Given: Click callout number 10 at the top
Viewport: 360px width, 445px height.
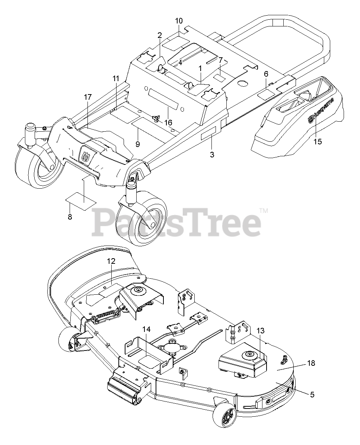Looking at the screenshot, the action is (x=179, y=20).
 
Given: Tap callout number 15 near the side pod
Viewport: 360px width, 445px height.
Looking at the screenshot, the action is (x=318, y=142).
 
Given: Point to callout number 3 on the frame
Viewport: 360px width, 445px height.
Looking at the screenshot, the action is (x=212, y=154).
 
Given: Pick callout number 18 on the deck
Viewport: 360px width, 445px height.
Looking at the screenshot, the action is (x=311, y=363).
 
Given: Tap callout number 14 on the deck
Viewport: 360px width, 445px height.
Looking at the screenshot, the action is (x=146, y=329).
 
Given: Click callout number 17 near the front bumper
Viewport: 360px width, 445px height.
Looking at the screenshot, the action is (x=87, y=97).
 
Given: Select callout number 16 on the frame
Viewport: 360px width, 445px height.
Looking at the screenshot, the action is (x=168, y=123).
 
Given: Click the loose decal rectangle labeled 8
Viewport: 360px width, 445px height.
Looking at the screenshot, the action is (x=81, y=200).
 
